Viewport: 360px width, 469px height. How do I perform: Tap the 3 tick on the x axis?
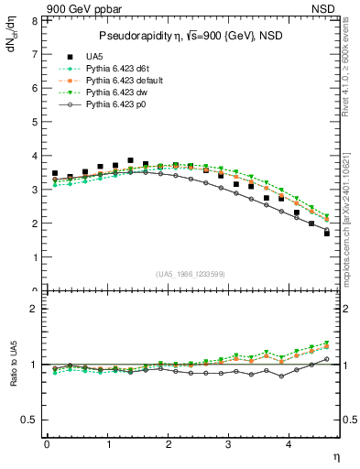(229, 444)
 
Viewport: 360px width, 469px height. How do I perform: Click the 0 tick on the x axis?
(47, 444)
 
